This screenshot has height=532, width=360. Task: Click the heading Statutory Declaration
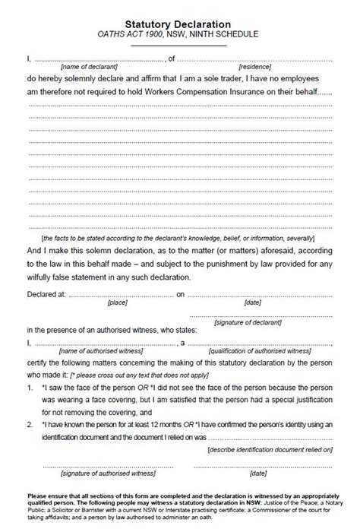(179, 24)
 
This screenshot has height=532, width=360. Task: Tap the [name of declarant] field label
(78, 67)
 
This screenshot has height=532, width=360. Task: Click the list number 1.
(30, 387)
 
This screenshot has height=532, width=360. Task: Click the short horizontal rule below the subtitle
(179, 46)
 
